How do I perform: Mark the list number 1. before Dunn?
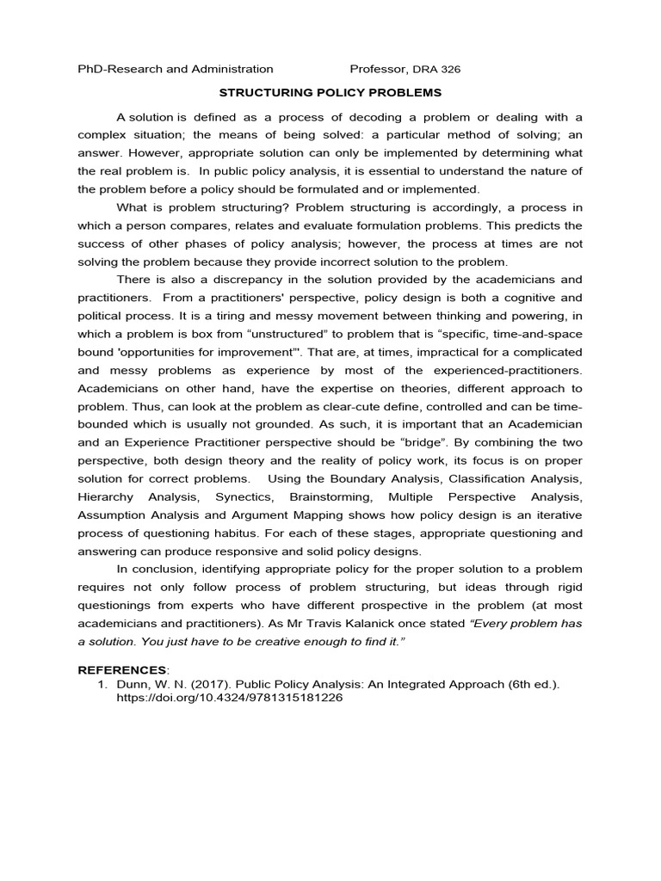coord(100,683)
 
